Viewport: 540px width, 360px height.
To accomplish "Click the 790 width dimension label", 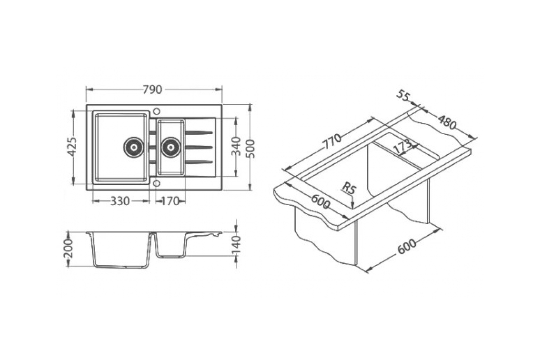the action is pyautogui.click(x=153, y=90).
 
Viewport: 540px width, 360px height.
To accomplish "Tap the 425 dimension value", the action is pyautogui.click(x=72, y=147).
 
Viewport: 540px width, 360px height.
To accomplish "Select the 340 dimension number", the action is pyautogui.click(x=236, y=146).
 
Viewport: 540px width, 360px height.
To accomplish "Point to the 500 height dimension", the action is pyautogui.click(x=251, y=149).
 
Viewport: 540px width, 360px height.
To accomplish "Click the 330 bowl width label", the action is pyautogui.click(x=120, y=201).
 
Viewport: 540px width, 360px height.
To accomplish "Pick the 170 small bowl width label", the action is pyautogui.click(x=170, y=201).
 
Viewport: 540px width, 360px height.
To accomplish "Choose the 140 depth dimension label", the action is pyautogui.click(x=236, y=245).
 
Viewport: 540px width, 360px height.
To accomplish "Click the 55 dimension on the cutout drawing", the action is pyautogui.click(x=403, y=96).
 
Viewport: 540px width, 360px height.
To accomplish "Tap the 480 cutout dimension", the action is pyautogui.click(x=447, y=122).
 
